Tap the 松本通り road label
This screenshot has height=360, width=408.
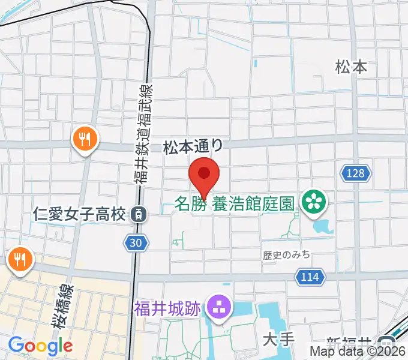click(193, 146)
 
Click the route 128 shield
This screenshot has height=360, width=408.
click(355, 173)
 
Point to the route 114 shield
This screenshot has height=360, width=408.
click(310, 277)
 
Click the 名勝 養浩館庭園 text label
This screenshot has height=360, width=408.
click(235, 203)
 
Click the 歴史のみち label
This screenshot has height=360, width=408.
click(286, 255)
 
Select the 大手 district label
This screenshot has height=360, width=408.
click(279, 340)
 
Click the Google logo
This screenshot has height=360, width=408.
click(40, 345)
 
